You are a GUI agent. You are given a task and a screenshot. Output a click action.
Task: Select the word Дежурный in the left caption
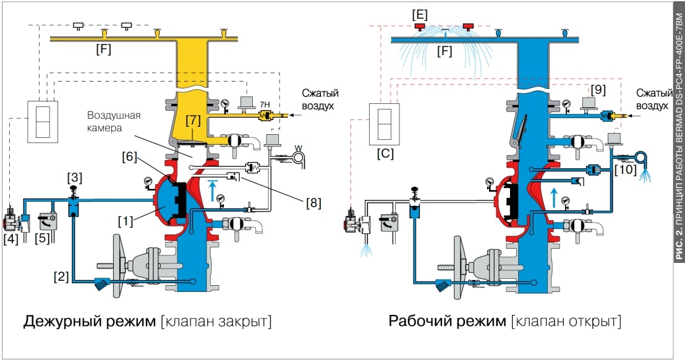pyautogui.click(x=66, y=322)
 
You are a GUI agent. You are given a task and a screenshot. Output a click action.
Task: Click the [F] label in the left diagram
pyautogui.click(x=103, y=49)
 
